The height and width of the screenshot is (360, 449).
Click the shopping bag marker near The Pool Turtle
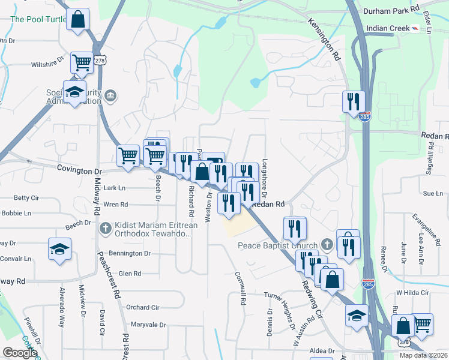(78, 19)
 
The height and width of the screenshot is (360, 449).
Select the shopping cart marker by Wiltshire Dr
(81, 62)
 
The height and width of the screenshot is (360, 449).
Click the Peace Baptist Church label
(278, 245)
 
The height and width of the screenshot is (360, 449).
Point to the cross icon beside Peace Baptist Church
(326, 244)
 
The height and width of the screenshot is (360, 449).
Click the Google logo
(20, 352)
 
